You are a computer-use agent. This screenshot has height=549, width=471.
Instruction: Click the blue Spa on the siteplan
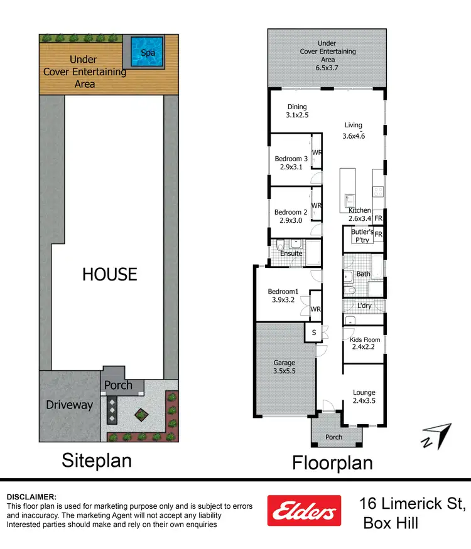[148, 52]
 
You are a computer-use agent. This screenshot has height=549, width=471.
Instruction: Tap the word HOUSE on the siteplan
[110, 274]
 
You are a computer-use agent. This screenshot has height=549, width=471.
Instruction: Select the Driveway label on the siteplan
[69, 405]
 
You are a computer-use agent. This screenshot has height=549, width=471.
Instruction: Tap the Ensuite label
[291, 253]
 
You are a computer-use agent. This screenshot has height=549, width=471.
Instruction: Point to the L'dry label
[365, 306]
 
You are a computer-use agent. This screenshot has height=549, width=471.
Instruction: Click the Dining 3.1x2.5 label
[298, 111]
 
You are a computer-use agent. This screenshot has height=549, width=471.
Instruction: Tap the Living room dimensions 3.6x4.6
[354, 136]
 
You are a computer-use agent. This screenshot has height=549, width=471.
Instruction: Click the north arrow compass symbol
[436, 435]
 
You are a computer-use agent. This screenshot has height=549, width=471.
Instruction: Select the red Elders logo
[304, 510]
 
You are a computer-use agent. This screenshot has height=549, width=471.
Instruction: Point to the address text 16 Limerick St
[412, 503]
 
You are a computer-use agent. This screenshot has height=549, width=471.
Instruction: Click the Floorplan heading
[332, 463]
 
